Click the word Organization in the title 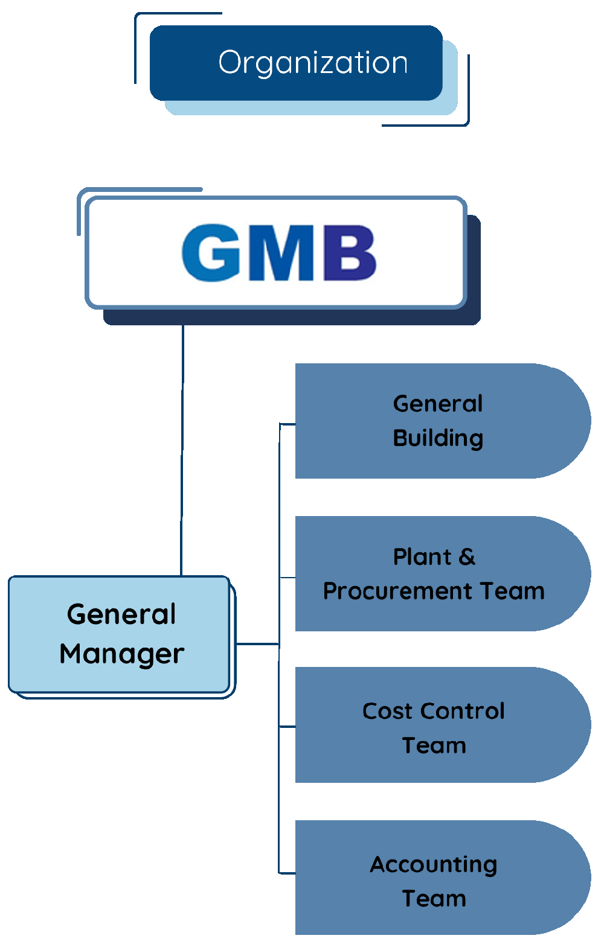(313, 63)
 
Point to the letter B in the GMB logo (350, 253)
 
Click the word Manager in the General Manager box (122, 654)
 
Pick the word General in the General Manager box (121, 614)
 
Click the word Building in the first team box (438, 438)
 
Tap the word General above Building (438, 404)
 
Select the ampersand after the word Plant (467, 557)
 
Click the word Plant (422, 557)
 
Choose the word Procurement (397, 591)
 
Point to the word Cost (387, 711)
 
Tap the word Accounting (434, 864)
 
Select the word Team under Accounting (434, 899)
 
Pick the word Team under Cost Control (434, 745)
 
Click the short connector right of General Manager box (257, 644)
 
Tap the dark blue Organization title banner (181, 63)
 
